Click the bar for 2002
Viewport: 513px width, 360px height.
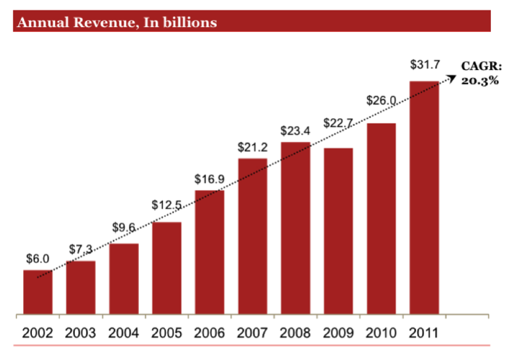tap(37, 292)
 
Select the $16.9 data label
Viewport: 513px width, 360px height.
tap(210, 180)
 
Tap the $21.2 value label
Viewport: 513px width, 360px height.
tap(253, 148)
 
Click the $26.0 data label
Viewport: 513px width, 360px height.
tap(381, 100)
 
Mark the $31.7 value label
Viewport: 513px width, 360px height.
tap(424, 65)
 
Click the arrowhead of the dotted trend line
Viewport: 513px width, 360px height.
tap(453, 77)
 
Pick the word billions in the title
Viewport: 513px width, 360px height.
tap(190, 23)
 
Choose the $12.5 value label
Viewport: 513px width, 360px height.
tap(166, 205)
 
